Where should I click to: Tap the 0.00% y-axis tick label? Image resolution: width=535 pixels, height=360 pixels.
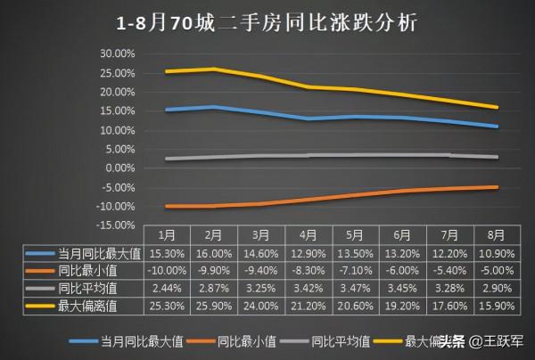pos(119,168)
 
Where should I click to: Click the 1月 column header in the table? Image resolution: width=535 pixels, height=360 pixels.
pos(167,236)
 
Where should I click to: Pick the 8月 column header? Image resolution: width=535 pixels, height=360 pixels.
pos(496,236)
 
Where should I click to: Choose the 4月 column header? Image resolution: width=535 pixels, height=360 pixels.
pos(308,236)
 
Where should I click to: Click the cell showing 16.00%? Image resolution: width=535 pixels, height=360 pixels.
pos(213,253)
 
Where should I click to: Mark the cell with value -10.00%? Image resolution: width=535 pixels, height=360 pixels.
pos(167,271)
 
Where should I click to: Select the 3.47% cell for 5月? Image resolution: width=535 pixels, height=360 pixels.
pos(354,289)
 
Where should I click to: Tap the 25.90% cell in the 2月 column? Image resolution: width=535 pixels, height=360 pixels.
pos(213,306)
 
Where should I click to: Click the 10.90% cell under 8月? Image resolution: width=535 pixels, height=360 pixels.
pos(496,253)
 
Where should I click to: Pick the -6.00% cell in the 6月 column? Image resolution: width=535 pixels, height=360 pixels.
pos(401,271)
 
